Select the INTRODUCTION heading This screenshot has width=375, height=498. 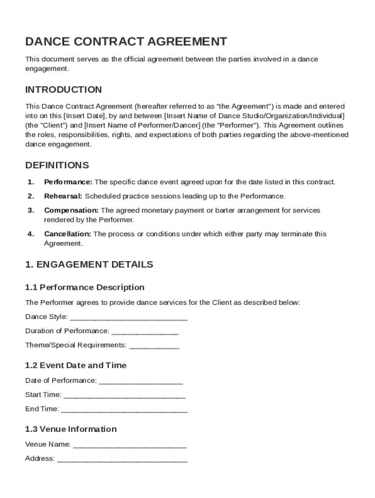[x=64, y=89]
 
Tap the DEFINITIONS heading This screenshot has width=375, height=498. [x=57, y=165]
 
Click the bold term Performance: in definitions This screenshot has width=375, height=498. [x=68, y=182]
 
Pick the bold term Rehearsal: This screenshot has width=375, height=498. [x=64, y=196]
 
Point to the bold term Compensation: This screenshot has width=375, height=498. [x=72, y=210]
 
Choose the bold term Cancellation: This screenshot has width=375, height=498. [x=68, y=234]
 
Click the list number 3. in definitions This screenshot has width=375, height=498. [x=31, y=210]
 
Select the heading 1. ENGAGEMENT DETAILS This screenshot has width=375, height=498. [x=89, y=265]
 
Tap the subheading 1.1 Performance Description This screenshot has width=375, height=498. [x=85, y=287]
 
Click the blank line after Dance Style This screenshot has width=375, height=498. [x=129, y=319]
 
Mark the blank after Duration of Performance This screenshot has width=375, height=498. [x=145, y=333]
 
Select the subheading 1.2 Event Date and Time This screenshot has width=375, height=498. [x=75, y=365]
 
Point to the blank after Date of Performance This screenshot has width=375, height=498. [x=141, y=382]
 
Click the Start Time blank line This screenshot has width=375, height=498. [x=124, y=396]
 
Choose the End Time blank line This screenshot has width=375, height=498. [x=124, y=410]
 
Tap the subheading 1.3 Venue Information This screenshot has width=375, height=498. [x=71, y=429]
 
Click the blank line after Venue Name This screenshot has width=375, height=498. [x=130, y=446]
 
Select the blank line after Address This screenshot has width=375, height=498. [x=122, y=460]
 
